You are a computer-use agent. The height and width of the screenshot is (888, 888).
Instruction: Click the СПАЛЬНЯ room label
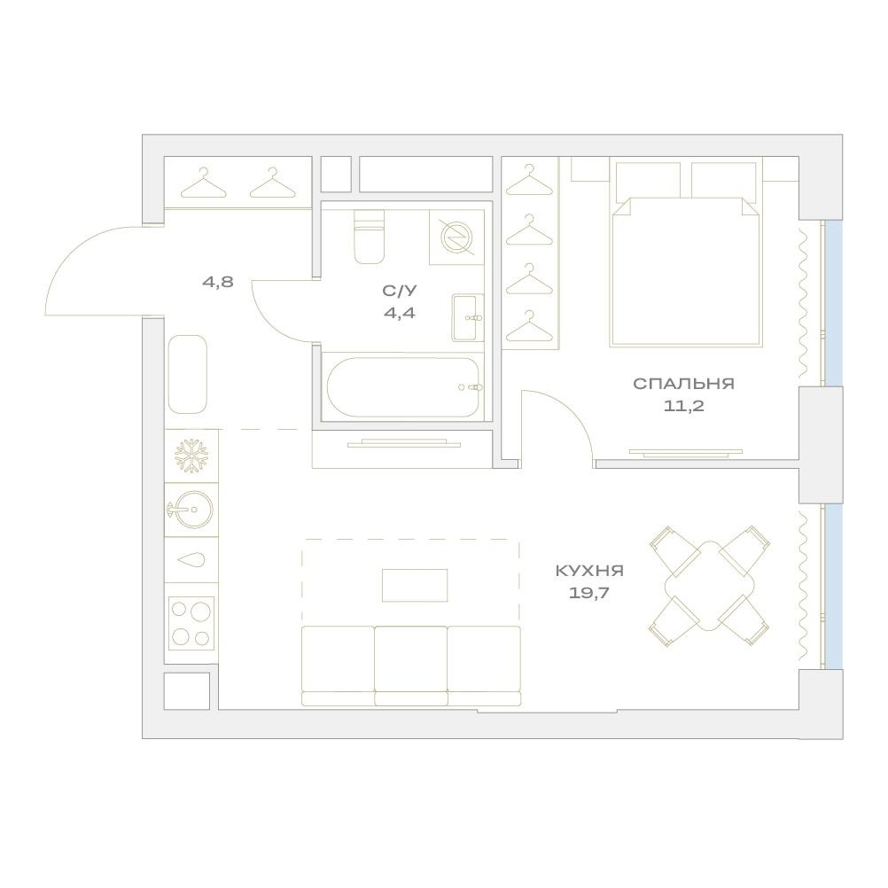(x=683, y=384)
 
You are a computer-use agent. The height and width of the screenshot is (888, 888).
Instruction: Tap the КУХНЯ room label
(x=589, y=571)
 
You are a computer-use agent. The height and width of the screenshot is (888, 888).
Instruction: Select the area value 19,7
(x=589, y=593)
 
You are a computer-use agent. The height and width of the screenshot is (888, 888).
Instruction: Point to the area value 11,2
(x=683, y=406)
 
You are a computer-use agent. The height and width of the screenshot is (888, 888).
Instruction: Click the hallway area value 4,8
(x=218, y=282)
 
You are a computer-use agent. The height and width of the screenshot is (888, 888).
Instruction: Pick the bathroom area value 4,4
(x=400, y=313)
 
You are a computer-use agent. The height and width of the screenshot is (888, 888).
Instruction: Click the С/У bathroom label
(x=400, y=291)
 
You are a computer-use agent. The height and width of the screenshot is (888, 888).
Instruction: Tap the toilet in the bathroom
(x=369, y=236)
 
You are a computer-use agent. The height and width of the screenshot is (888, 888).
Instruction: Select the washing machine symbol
(x=456, y=238)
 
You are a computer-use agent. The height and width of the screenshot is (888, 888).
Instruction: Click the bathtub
(x=403, y=387)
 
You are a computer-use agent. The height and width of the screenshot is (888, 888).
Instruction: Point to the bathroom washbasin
(x=468, y=317)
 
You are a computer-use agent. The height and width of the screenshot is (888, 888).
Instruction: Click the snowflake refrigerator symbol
(x=191, y=456)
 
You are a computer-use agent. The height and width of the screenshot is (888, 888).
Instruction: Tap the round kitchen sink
(x=191, y=510)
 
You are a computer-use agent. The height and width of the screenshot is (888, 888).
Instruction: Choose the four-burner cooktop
(x=191, y=624)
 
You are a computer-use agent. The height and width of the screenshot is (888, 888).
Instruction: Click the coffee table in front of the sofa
(x=415, y=585)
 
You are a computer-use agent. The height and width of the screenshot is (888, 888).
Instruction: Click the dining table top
(x=710, y=586)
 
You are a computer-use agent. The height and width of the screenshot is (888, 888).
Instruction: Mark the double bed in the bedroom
(x=686, y=254)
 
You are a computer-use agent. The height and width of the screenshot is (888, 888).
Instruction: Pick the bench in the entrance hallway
(x=188, y=374)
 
